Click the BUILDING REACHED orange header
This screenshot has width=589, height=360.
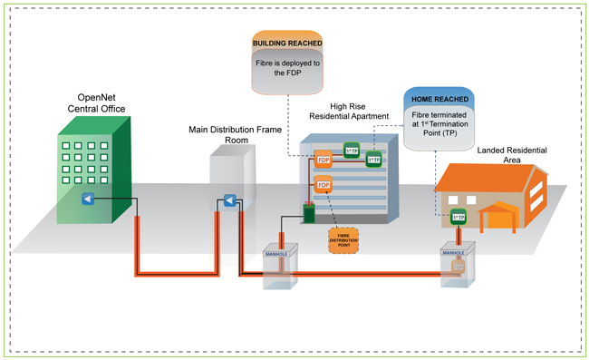(288, 42)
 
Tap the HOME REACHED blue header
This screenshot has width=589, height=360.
(438, 97)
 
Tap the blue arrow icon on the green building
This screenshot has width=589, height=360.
(87, 199)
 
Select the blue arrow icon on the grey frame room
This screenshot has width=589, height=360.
(229, 200)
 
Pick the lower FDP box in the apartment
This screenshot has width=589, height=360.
(323, 186)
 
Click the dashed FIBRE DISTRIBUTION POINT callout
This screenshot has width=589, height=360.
(342, 241)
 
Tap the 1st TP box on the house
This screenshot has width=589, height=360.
(459, 217)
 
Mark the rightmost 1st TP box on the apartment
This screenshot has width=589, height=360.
(372, 161)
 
